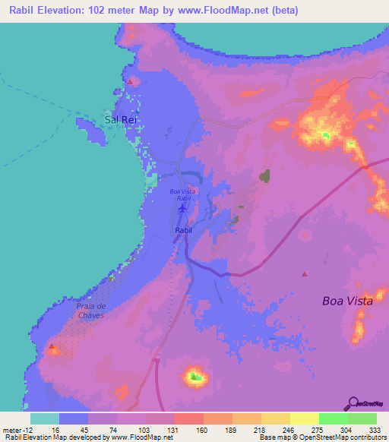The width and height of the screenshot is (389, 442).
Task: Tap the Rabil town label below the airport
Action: point(183,229)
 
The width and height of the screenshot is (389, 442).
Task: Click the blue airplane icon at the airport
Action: point(182,208)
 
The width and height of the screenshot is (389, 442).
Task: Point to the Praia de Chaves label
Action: point(95,310)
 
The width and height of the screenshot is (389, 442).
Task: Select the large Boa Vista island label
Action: point(347,301)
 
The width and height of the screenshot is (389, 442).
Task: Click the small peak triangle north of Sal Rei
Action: point(130,81)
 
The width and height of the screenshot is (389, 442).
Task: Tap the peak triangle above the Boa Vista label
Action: point(305,273)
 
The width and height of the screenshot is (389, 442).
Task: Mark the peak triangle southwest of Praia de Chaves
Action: point(52,347)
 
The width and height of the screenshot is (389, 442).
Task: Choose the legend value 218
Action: point(233,429)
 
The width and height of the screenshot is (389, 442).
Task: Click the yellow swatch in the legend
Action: point(305,418)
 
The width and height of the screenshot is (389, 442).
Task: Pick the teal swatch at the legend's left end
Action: point(45,418)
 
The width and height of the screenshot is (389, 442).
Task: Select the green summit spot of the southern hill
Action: point(196,376)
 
